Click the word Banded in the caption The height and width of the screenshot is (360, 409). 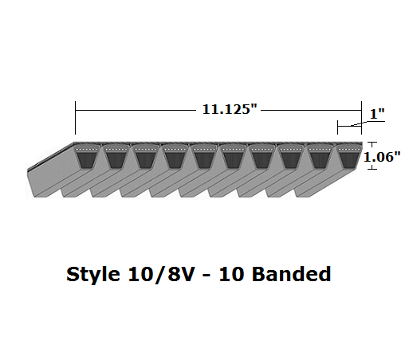tap(289, 276)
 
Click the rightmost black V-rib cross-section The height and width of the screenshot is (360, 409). tap(347, 158)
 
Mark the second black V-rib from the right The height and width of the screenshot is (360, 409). tap(318, 158)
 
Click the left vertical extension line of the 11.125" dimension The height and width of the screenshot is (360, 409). tap(75, 119)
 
